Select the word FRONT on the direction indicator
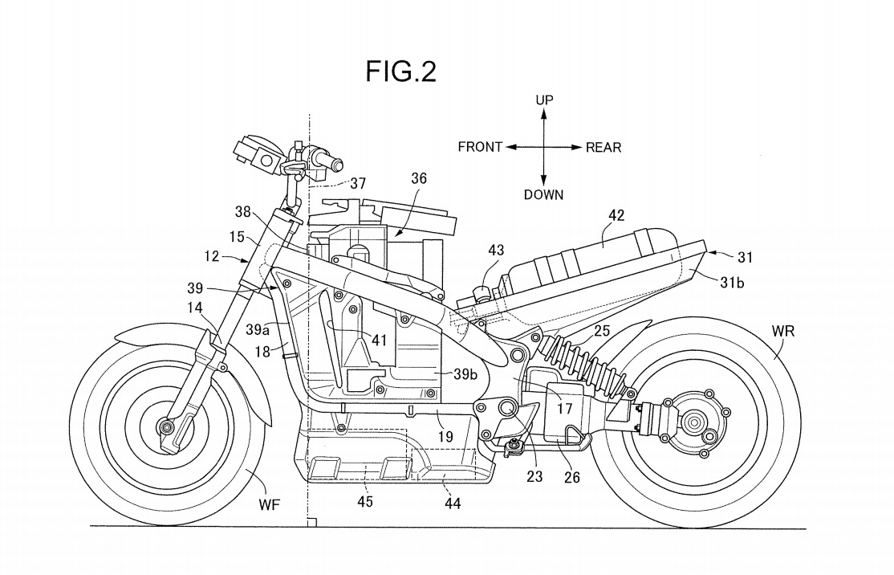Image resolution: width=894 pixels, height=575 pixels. pyautogui.click(x=480, y=147)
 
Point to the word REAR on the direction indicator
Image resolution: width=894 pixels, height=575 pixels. pyautogui.click(x=603, y=147)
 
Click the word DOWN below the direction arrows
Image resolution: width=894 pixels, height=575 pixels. pyautogui.click(x=543, y=194)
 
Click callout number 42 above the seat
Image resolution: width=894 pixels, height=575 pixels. pyautogui.click(x=616, y=215)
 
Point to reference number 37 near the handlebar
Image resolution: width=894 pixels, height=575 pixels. pyautogui.click(x=357, y=184)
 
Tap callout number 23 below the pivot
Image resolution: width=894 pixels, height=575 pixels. pyautogui.click(x=534, y=475)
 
